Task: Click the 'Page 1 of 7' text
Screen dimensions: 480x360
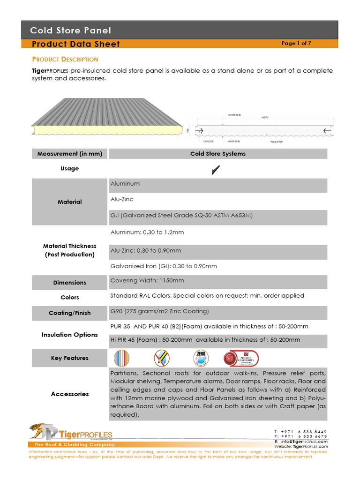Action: tap(296, 44)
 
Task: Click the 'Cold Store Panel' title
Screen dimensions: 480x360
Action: tap(71, 31)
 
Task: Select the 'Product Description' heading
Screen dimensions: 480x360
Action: tap(65, 60)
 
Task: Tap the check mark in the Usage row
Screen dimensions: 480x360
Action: tap(216, 170)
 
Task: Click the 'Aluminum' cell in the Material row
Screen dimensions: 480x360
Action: tap(125, 184)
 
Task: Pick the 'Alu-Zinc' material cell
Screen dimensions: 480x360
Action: tap(122, 199)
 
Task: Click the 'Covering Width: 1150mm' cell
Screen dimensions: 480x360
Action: tap(147, 281)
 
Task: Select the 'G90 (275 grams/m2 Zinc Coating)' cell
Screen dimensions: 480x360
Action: tap(159, 311)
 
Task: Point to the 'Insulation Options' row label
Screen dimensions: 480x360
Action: tap(69, 335)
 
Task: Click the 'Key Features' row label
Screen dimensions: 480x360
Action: tap(69, 358)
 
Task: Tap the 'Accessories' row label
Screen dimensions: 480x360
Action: tap(69, 394)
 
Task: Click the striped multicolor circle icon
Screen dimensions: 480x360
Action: tap(121, 359)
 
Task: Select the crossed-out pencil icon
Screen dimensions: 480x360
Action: tap(162, 359)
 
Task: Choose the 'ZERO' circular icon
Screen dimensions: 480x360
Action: tap(201, 359)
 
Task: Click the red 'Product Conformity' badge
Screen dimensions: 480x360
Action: tap(241, 359)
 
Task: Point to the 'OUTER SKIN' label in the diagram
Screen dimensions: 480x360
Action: tap(234, 115)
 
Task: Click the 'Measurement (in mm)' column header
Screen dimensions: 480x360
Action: tap(69, 154)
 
